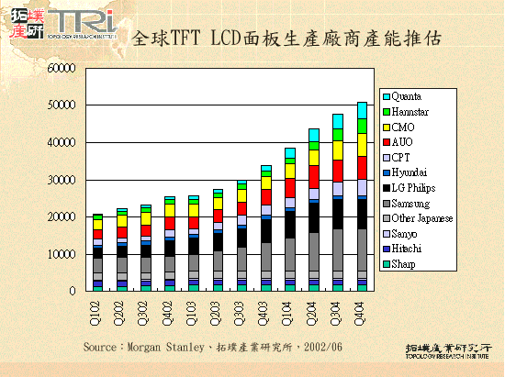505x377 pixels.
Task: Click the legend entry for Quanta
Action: [410, 96]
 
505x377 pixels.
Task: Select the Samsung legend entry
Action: [413, 203]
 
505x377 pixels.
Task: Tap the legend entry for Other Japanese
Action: [421, 218]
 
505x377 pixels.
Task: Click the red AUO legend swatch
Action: [387, 142]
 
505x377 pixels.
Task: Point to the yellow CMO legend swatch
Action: [387, 127]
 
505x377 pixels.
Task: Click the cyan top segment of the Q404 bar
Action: [362, 109]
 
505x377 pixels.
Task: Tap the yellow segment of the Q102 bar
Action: [97, 224]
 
